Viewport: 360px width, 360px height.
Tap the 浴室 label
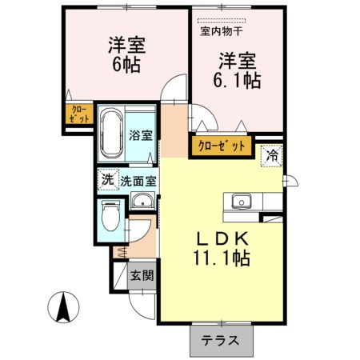coord(142,135)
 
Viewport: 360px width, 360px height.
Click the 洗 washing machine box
coord(107,179)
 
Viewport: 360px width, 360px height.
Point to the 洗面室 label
coord(138,180)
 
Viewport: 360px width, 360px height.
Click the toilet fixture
coord(110,216)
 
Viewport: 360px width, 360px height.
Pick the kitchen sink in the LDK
coord(241,202)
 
